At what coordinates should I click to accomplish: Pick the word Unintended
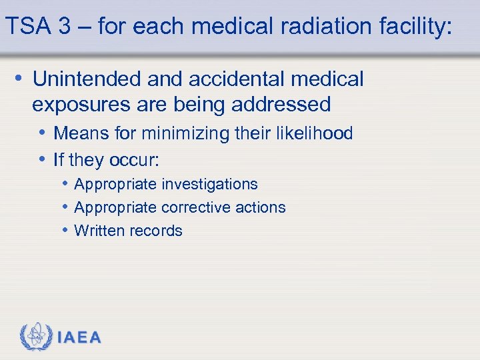coord(87,79)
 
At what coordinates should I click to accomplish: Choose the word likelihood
coord(313,133)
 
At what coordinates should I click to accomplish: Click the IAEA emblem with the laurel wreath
coord(36,337)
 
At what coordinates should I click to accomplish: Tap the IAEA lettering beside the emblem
coord(79,337)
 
